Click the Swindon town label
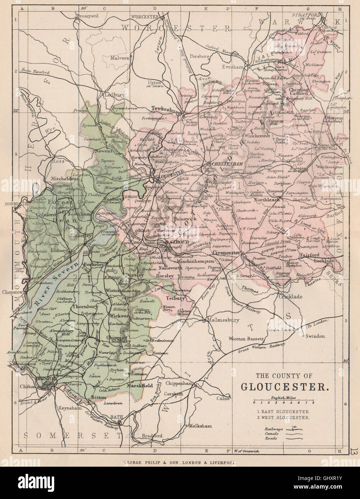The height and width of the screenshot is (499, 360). pyautogui.click(x=315, y=336)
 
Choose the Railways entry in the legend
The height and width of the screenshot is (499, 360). pyautogui.click(x=273, y=429)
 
